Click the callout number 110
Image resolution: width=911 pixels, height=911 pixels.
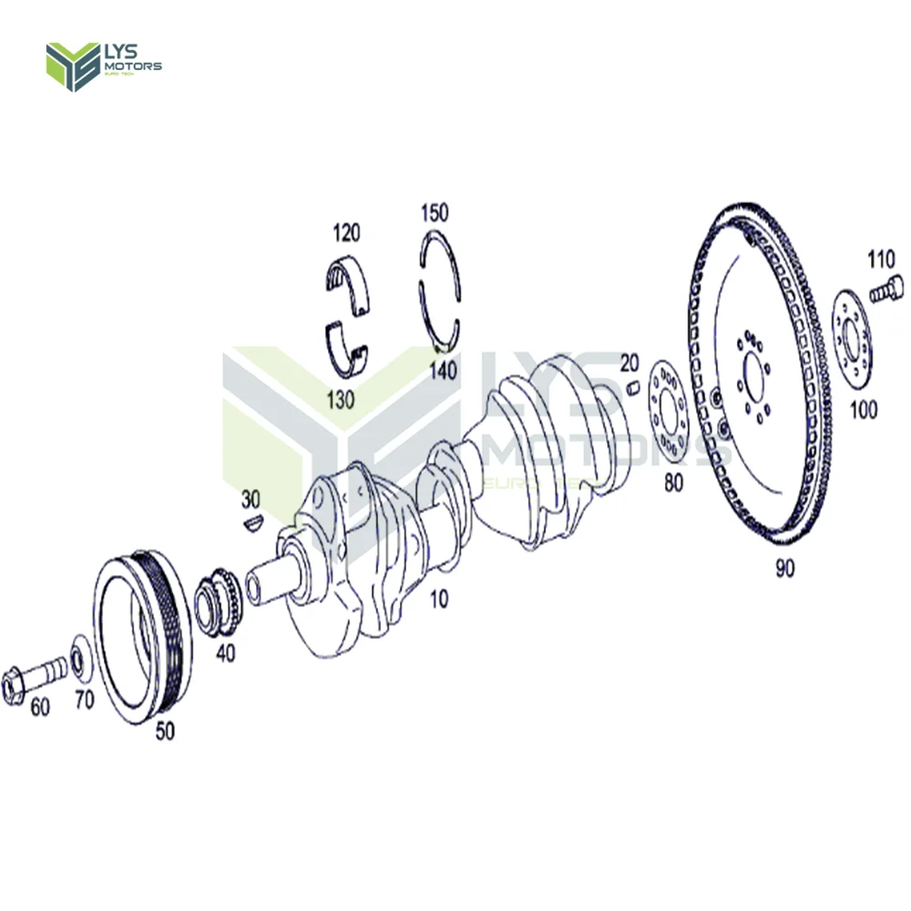[x=881, y=261]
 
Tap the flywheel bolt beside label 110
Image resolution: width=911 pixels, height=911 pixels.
[x=885, y=292]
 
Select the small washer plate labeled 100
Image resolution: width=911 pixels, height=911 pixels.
[x=853, y=342]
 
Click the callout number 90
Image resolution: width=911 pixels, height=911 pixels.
[x=785, y=568]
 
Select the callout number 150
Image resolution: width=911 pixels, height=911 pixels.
[x=435, y=213]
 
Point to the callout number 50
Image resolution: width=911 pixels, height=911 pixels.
[x=166, y=730]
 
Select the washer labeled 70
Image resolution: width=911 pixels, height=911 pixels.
[x=80, y=658]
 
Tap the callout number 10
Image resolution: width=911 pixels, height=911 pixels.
[x=439, y=599]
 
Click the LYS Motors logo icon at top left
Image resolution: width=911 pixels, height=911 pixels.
[x=73, y=67]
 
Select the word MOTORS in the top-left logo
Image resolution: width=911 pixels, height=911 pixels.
[x=133, y=67]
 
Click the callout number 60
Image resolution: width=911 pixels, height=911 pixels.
[x=40, y=707]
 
